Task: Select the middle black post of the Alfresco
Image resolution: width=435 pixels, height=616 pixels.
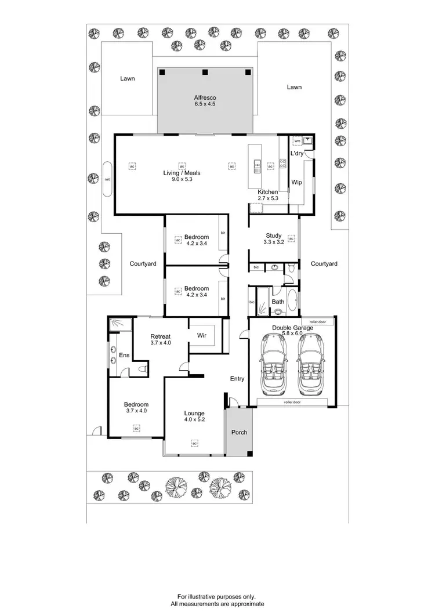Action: tap(205, 72)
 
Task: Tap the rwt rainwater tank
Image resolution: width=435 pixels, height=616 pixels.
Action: tap(107, 179)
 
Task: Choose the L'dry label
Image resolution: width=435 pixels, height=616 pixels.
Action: tap(296, 153)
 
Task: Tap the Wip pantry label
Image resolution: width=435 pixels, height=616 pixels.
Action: tap(296, 182)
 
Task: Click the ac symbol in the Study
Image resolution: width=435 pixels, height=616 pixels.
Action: tap(291, 238)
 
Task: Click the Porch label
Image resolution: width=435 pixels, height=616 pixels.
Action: tap(239, 432)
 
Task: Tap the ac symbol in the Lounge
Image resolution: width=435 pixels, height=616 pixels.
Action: tap(193, 444)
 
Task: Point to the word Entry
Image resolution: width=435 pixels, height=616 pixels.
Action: tap(237, 379)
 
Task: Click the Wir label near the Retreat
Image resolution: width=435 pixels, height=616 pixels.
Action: tap(201, 335)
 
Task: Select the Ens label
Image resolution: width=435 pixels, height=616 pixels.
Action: tap(124, 355)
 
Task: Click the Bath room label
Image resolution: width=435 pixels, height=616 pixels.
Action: tap(278, 302)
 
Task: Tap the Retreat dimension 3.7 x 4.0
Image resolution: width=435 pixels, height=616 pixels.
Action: tap(159, 343)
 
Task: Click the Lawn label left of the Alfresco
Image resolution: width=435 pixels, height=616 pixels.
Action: tap(128, 78)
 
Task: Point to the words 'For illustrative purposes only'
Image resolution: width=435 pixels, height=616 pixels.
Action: tap(217, 596)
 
